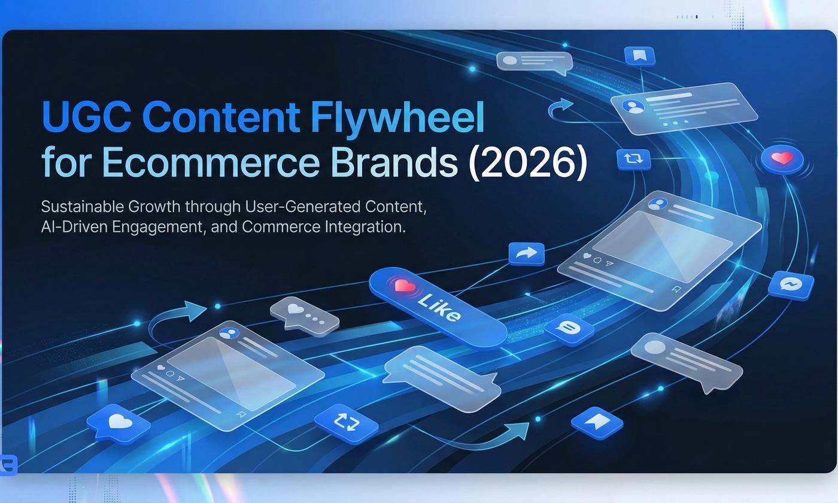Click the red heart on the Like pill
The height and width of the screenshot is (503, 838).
(x=405, y=286)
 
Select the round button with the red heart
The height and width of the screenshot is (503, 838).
(x=782, y=159)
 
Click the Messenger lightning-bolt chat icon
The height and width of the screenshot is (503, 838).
(x=791, y=284)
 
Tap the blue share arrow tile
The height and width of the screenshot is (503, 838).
(x=527, y=253)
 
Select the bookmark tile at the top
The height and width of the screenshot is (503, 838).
(x=639, y=56)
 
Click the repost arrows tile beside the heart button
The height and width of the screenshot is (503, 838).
(x=633, y=159)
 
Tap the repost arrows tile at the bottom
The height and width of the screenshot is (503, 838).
(x=345, y=423)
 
